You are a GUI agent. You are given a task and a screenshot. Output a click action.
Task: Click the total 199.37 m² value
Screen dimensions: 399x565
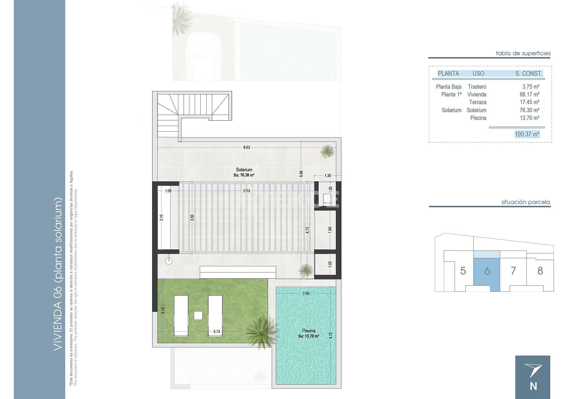pos(527,134)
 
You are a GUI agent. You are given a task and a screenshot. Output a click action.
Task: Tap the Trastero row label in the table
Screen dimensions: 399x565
pos(477,87)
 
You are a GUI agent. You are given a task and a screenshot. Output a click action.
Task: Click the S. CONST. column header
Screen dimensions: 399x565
pos(528,74)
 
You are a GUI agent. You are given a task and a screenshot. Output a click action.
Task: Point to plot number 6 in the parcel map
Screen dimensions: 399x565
pos(487,271)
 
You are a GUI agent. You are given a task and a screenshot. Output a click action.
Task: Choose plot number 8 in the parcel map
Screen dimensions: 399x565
pos(540,271)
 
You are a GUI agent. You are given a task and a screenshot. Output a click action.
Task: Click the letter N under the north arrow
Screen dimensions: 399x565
pos(533,386)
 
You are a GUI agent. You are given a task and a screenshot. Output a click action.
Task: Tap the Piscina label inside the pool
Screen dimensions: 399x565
pos(309,331)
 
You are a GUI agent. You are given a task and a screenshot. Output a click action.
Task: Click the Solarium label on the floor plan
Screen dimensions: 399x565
pos(244,170)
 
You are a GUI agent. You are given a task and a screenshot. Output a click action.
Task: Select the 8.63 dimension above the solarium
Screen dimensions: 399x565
pos(246,147)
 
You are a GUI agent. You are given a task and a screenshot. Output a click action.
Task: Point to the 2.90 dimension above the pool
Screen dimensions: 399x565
pos(306,294)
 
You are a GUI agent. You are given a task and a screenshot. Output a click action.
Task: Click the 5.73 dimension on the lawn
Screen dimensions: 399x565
pos(216,332)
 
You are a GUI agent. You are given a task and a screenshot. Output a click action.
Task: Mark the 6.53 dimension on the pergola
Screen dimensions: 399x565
pos(246,191)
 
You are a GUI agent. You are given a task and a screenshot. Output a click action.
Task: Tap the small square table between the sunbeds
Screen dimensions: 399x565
pos(198,315)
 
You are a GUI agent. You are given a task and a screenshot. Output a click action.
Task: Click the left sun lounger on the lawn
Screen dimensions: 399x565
pos(181,315)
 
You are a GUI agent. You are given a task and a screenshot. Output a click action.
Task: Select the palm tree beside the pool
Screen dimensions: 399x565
pos(262,331)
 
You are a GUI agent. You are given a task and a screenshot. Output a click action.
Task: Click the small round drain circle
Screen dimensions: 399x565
pos(169,261)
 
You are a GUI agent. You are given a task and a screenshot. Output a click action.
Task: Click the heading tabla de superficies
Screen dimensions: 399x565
pos(523,53)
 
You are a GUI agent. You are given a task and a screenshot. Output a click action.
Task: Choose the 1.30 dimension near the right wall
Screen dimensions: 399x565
pos(327,176)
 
